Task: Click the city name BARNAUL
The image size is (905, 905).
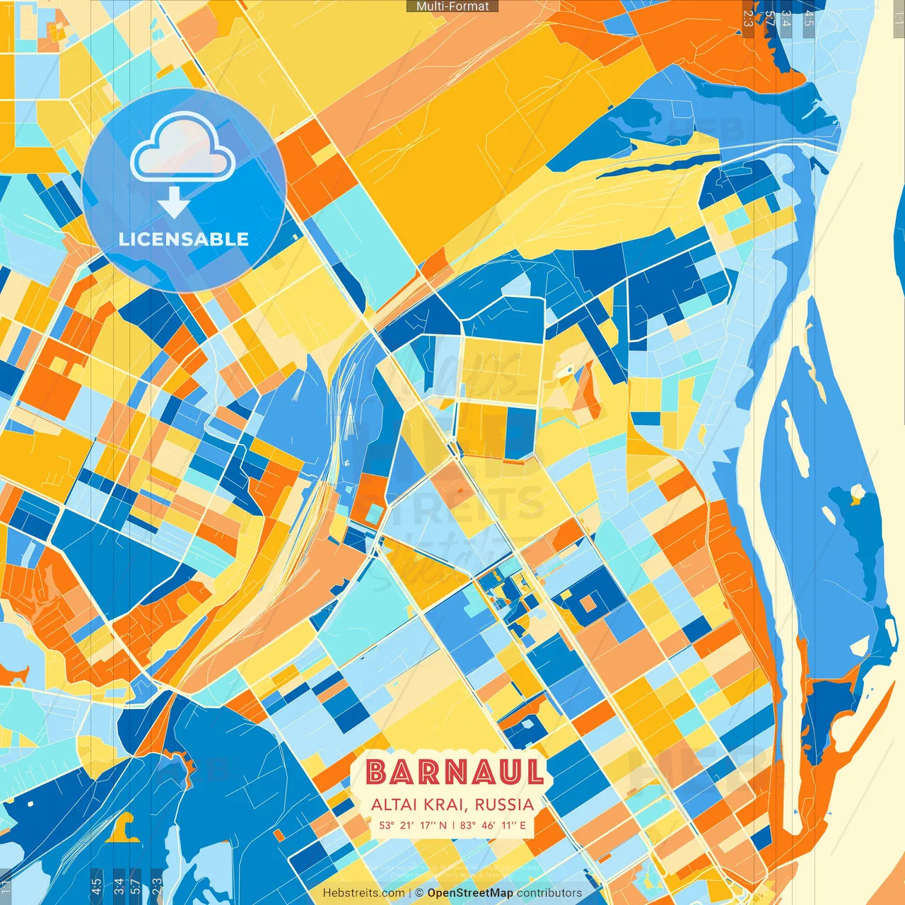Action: click(455, 772)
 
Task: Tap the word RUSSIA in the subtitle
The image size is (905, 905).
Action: click(504, 805)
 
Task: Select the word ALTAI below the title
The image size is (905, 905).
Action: click(395, 805)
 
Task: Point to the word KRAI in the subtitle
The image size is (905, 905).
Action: click(446, 805)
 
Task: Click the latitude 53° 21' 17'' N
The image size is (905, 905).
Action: click(413, 825)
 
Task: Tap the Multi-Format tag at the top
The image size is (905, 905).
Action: click(452, 6)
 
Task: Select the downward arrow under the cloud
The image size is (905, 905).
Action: click(174, 203)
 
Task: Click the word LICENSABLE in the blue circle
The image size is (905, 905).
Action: click(184, 239)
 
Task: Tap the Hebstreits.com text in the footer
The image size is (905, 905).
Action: click(363, 893)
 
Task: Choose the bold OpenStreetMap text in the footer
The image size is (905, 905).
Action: click(470, 893)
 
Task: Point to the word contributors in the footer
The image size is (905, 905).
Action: click(549, 893)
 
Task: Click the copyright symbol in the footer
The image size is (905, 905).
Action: click(419, 893)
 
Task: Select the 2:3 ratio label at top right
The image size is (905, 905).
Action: click(748, 18)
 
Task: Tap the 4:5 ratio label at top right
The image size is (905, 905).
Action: click(809, 18)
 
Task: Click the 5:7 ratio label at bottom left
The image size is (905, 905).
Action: click(136, 885)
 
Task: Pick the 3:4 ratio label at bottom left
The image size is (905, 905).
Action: click(119, 885)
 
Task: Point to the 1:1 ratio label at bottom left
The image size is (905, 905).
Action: click(6, 885)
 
